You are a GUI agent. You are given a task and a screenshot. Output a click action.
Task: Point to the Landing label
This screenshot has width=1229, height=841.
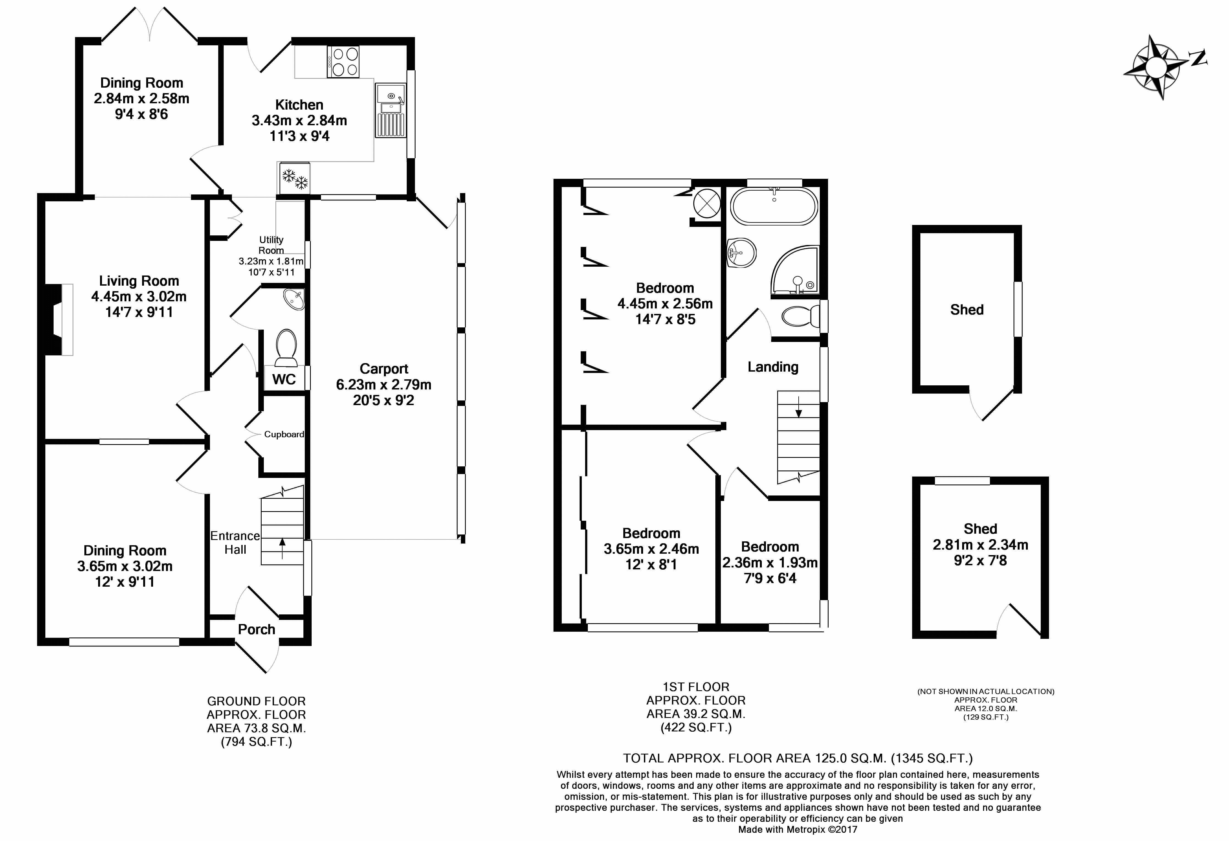773,367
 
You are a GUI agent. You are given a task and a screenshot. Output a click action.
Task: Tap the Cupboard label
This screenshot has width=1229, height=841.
284,435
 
